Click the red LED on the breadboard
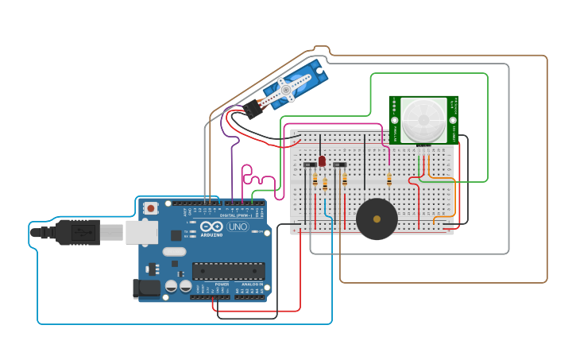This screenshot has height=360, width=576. click(x=322, y=161)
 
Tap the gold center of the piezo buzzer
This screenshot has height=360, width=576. click(x=377, y=219)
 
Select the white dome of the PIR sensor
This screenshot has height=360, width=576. click(x=423, y=119)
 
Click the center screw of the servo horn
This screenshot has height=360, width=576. click(x=285, y=91)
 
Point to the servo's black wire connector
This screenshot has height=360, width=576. click(x=253, y=109)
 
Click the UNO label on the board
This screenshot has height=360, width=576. click(x=238, y=226)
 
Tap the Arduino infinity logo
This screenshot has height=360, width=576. click(x=211, y=226)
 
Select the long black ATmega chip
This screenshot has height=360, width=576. click(x=228, y=271)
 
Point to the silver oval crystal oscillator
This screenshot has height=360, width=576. click(x=174, y=252)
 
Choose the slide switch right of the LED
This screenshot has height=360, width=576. click(x=340, y=165)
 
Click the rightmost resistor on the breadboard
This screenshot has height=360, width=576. click(x=389, y=179)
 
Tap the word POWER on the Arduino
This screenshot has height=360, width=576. click(x=222, y=284)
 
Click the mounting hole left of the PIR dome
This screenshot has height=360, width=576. click(x=395, y=120)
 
